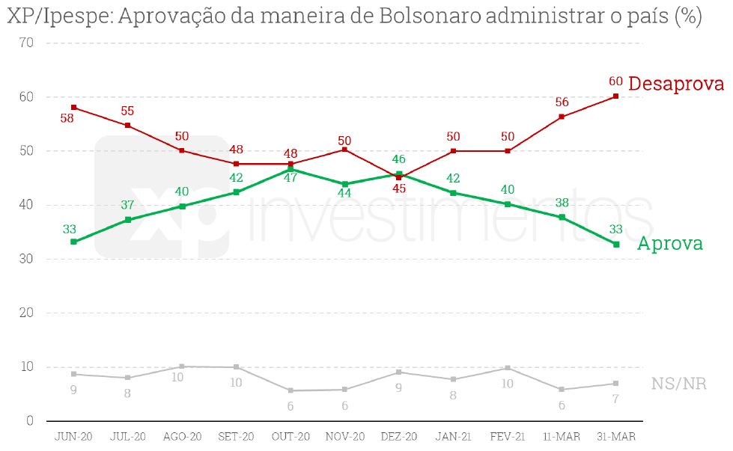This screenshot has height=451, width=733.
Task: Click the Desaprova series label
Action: point(675,84)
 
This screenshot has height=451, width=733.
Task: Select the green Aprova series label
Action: point(669,244)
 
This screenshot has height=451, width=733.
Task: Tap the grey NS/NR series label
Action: point(679,384)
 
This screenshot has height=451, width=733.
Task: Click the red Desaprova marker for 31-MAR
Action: point(615,96)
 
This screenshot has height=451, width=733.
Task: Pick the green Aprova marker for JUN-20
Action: point(73,242)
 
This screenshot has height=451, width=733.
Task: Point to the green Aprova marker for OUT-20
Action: point(291,170)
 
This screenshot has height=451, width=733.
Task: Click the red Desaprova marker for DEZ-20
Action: point(399,177)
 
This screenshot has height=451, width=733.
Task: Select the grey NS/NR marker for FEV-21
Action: point(508,368)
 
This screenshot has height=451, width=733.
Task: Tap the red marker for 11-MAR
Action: point(562,117)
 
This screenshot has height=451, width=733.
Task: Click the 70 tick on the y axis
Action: point(26,43)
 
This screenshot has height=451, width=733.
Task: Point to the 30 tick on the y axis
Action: point(26,259)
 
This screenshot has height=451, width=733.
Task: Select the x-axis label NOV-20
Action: point(345,436)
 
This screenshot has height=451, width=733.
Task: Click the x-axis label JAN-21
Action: point(454,436)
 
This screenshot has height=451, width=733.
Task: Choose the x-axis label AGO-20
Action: point(182,436)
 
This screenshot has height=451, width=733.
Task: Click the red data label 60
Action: point(615,81)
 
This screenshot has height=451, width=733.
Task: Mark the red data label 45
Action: point(399,188)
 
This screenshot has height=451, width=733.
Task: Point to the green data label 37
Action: point(127,205)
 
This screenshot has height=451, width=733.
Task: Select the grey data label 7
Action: point(615,398)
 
